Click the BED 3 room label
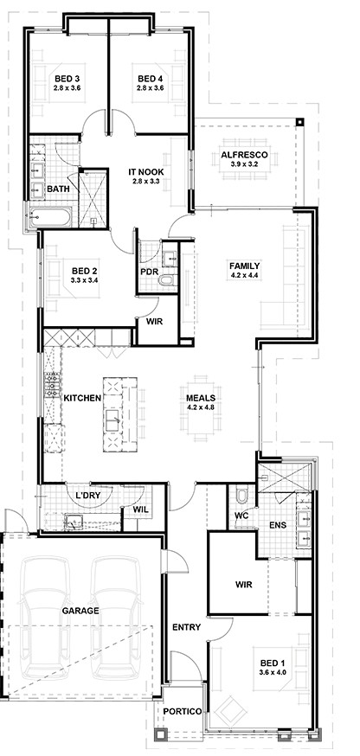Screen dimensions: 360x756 pos(64,79)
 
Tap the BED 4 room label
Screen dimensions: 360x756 pos(146,79)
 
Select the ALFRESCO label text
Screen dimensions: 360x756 pos(243,155)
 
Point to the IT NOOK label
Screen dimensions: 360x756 pos(145,171)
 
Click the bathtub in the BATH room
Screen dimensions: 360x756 pos(50,217)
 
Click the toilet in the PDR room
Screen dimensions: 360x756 pos(169,280)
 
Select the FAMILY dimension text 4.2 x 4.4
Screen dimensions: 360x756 pos(245,276)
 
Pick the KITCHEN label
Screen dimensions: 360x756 pos(82,398)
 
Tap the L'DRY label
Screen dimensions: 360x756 pos(87,495)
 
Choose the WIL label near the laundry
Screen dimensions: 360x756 pos(141,510)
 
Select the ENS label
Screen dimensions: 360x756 pos(279,525)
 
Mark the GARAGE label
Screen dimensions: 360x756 pos(80,611)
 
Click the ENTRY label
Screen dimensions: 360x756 pos(186,627)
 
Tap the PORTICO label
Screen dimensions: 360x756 pos(183,712)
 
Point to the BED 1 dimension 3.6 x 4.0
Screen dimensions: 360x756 pos(269,671)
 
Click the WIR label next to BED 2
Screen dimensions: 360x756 pos(155,322)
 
